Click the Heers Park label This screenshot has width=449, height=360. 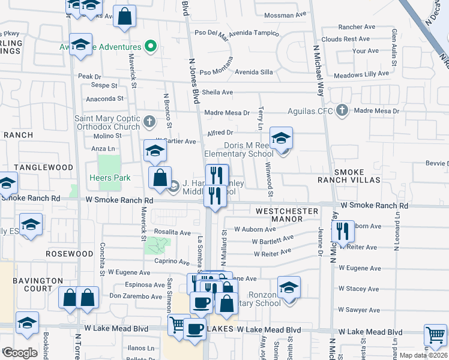click(x=109, y=178)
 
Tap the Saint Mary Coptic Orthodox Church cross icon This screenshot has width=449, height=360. click(x=150, y=122)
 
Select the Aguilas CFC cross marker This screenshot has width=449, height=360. click(x=342, y=110)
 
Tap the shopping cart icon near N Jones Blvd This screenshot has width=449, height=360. click(x=176, y=325)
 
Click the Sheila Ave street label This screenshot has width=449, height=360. click(x=217, y=92)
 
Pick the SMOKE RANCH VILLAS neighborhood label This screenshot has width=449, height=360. click(x=358, y=176)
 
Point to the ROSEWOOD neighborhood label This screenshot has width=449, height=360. click(x=70, y=254)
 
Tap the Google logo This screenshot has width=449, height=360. click(x=19, y=353)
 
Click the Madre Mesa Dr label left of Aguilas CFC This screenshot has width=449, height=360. click(x=227, y=113)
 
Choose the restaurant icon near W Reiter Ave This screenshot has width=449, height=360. click(x=342, y=231)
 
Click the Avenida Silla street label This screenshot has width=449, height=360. click(x=253, y=72)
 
